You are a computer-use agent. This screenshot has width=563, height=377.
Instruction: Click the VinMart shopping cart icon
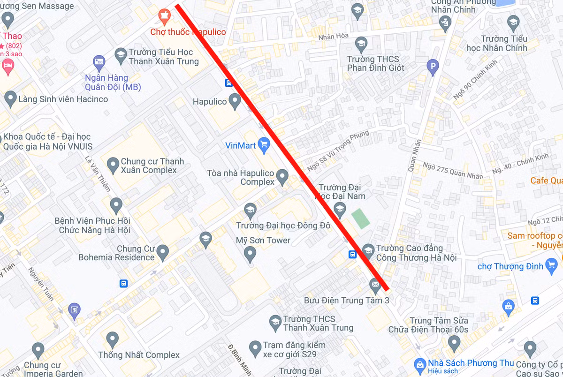(264, 145)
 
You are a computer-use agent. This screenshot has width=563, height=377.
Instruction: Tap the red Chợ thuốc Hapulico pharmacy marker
(164, 17)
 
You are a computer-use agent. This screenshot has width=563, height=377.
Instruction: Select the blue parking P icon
(433, 68)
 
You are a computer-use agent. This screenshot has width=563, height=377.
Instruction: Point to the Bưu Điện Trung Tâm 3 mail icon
(375, 284)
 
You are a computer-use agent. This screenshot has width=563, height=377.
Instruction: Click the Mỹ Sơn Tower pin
(251, 255)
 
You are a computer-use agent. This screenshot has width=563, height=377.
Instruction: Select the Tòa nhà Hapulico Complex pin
(282, 177)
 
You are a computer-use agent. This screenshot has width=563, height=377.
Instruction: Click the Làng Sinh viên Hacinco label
(63, 99)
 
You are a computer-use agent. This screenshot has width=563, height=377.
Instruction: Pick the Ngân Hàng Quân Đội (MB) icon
(99, 61)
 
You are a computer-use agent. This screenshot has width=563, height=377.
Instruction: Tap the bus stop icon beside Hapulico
(229, 83)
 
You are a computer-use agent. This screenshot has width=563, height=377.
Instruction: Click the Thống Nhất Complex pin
(112, 339)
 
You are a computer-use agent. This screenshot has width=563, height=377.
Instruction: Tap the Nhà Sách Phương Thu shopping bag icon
(420, 363)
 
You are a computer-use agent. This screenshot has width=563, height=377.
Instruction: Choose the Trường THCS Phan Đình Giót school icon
(361, 45)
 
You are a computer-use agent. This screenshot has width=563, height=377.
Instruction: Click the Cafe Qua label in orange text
(546, 181)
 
